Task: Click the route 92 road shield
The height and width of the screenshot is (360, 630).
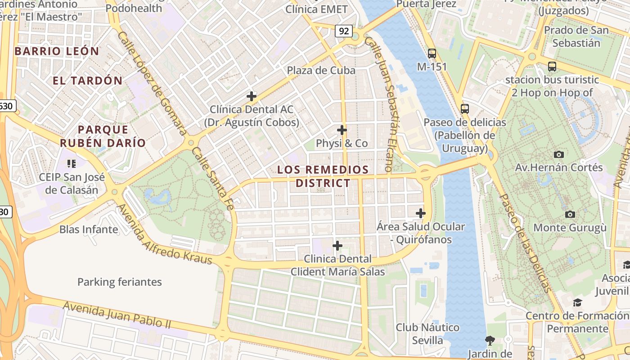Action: (344, 31)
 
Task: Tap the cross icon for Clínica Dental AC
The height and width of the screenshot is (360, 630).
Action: (252, 96)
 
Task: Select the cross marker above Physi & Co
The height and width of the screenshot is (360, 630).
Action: (342, 130)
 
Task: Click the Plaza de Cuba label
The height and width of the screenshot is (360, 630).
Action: (321, 71)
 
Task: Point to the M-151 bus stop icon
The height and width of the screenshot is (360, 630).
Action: (432, 54)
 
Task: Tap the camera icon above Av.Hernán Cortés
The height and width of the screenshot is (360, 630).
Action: (559, 154)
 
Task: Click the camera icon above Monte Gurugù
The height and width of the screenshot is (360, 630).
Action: (570, 214)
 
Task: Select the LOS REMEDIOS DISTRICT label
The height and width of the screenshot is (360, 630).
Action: (323, 176)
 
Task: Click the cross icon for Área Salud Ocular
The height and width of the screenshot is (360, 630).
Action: (421, 213)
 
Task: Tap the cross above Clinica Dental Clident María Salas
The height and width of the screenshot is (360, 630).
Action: (337, 246)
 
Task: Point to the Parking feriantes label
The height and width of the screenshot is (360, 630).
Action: (119, 282)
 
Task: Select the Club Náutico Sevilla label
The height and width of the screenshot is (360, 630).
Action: (427, 333)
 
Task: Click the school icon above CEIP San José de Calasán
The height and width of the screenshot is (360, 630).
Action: (71, 163)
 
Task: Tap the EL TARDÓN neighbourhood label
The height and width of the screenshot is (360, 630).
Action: (87, 81)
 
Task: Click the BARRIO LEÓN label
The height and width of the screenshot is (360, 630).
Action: (57, 51)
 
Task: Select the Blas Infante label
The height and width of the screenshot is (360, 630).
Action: (89, 229)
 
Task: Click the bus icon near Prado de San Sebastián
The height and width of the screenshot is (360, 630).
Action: (552, 67)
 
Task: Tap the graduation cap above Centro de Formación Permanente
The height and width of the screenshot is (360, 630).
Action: (578, 302)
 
